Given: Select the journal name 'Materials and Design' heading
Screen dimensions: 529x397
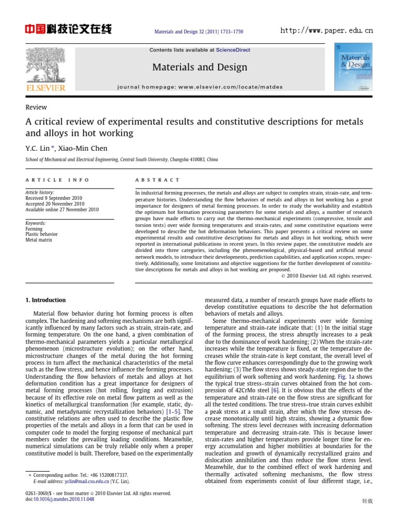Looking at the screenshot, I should tap(200, 67).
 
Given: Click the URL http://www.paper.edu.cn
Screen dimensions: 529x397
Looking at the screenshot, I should tap(326, 30).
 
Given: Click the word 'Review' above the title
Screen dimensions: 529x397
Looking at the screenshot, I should tap(36, 107).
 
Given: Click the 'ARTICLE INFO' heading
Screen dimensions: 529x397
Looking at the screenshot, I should tap(57, 180).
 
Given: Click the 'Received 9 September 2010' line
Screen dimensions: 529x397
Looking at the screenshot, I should tap(54, 198).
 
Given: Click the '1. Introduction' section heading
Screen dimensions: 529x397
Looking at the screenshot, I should tap(45, 300).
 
